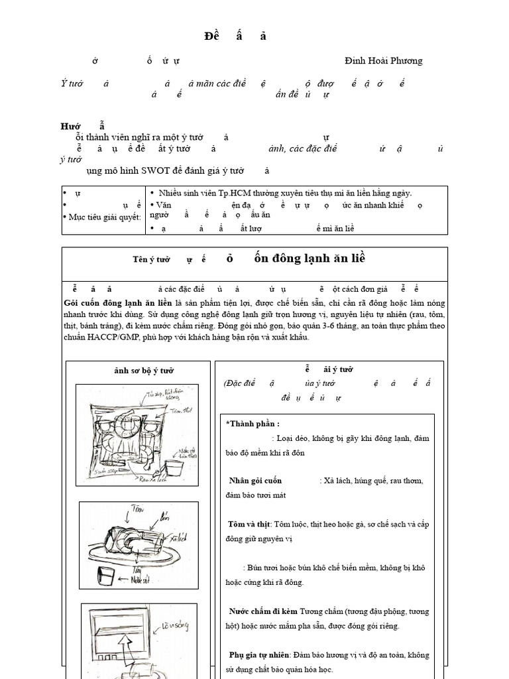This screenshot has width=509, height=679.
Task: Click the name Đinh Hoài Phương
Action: (x=383, y=61)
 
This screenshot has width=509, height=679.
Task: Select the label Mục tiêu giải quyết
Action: (x=103, y=217)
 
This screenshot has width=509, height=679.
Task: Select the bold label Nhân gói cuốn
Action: (x=255, y=480)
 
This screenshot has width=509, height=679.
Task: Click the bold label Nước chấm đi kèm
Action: (x=263, y=611)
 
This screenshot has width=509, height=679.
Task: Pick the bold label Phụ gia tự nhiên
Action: (x=260, y=654)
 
